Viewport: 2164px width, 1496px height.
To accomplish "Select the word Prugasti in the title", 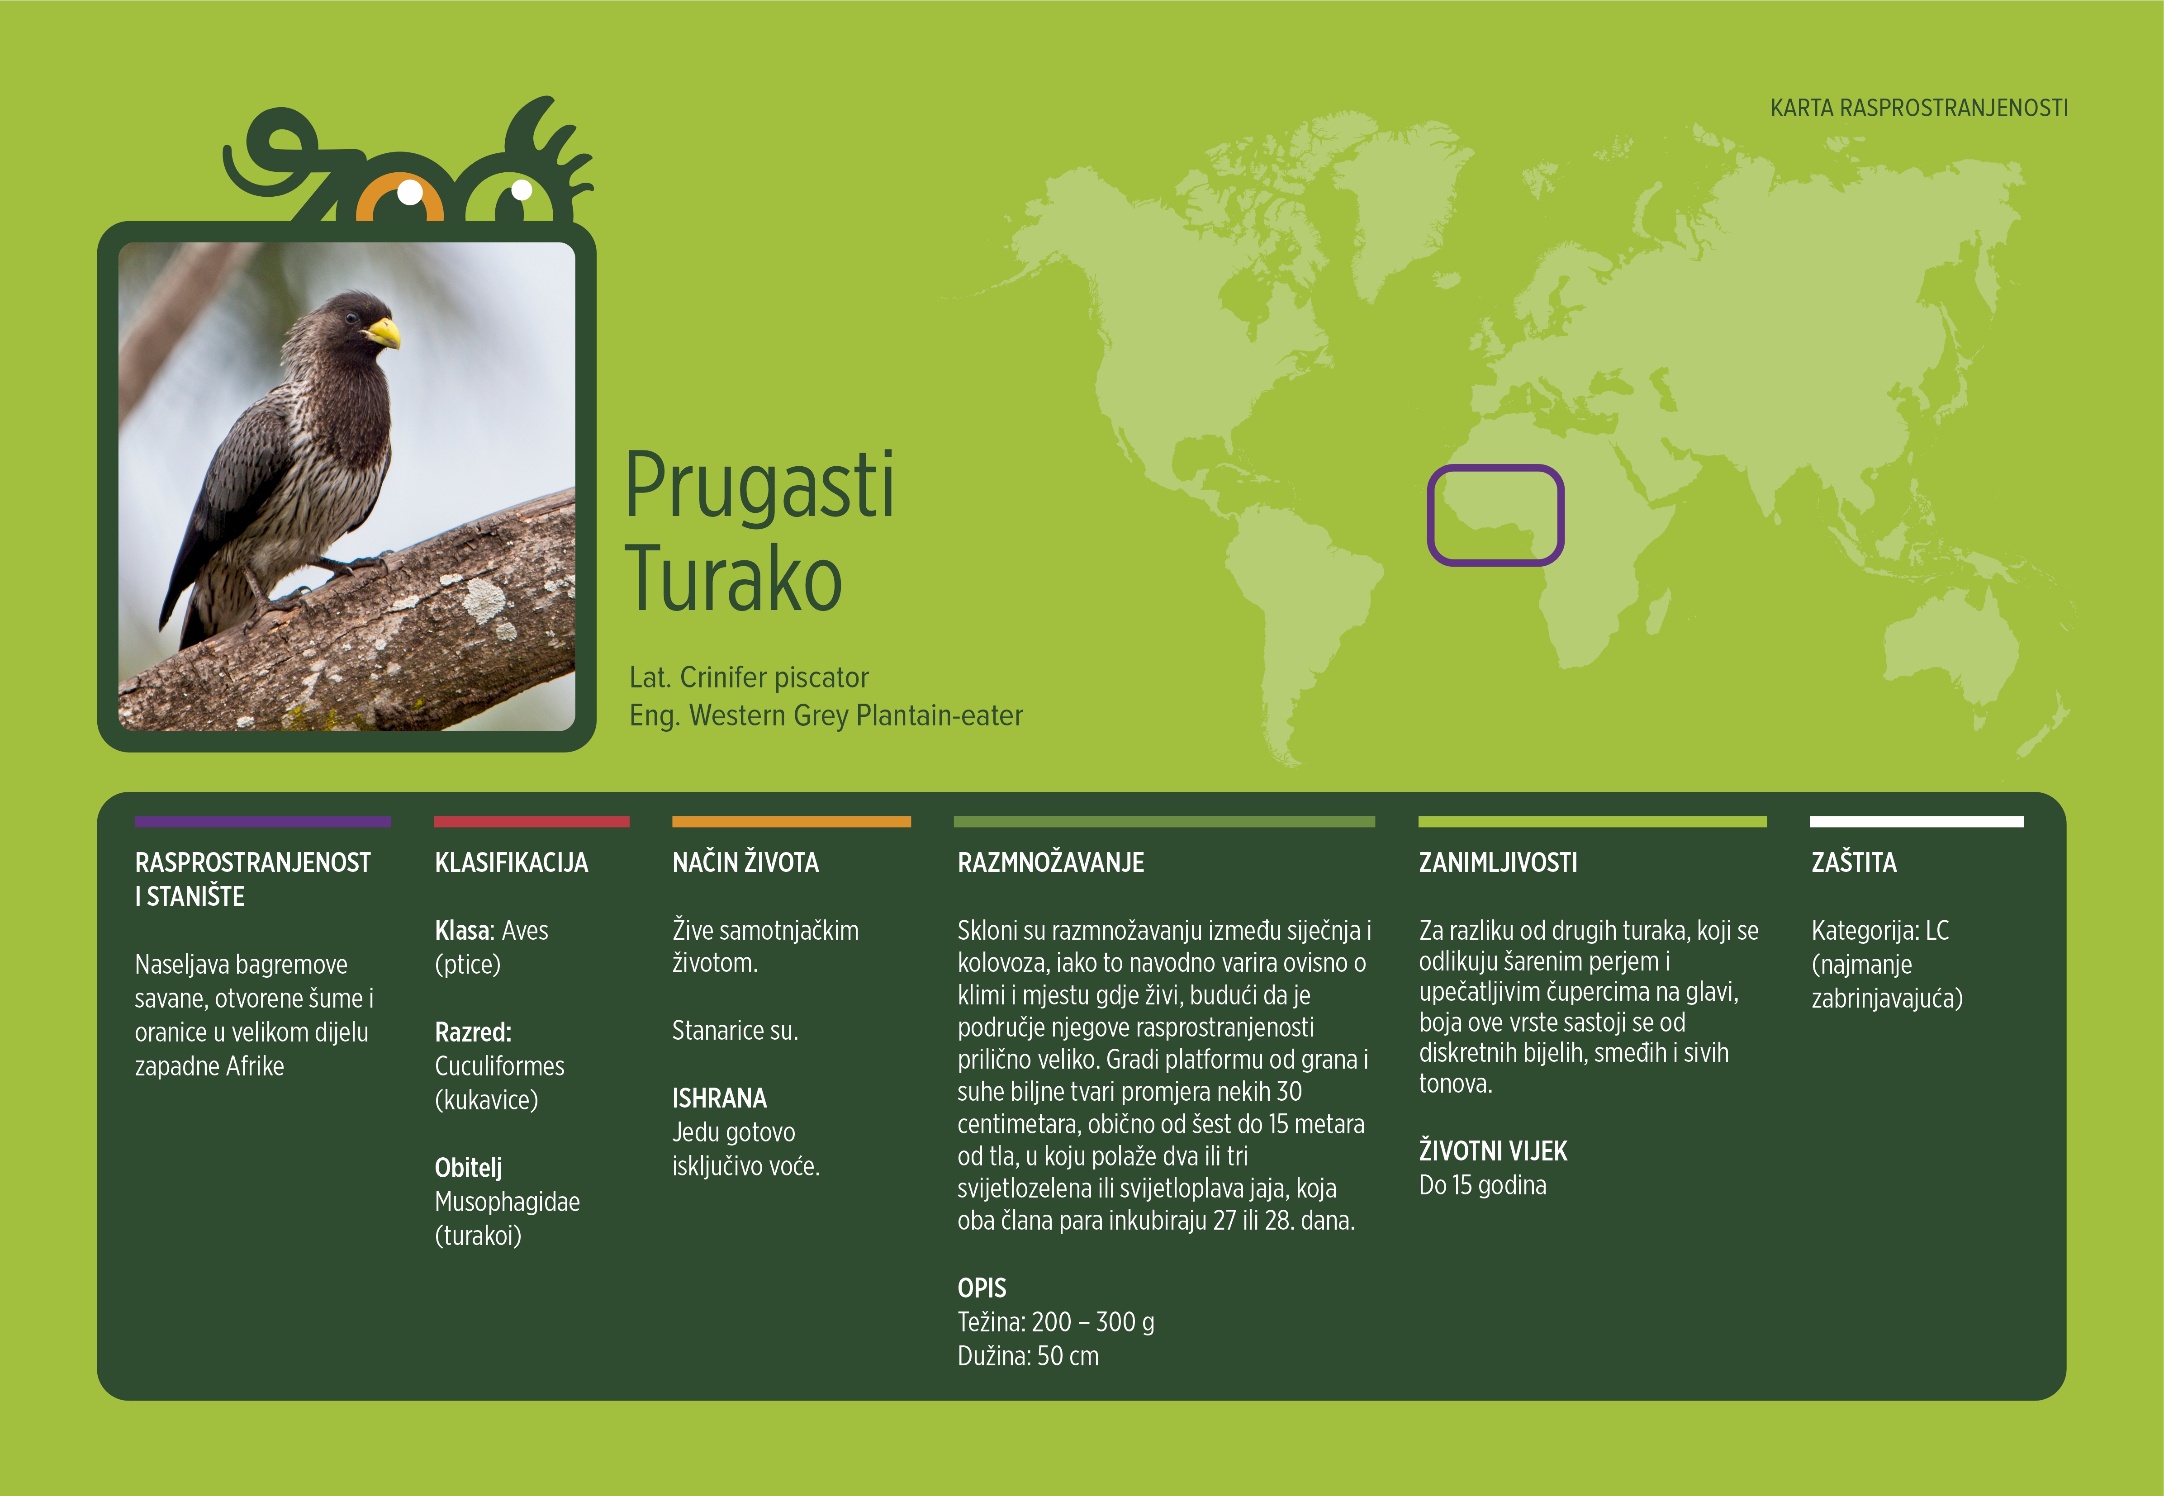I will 759,488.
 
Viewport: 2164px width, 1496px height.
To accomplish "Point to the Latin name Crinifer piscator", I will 774,678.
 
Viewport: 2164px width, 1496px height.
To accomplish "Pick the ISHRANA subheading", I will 719,1098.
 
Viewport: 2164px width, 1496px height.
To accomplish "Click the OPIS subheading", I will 982,1288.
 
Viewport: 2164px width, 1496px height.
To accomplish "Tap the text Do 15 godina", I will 1482,1186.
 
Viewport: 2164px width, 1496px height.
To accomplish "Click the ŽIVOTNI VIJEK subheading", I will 1493,1151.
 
